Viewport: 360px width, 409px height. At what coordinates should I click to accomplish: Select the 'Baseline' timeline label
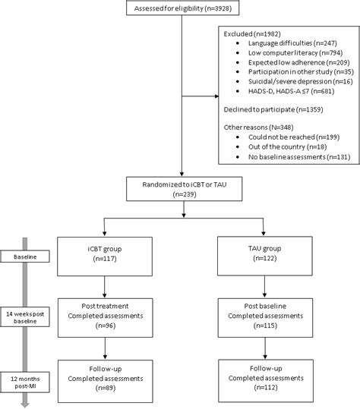point(24,256)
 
